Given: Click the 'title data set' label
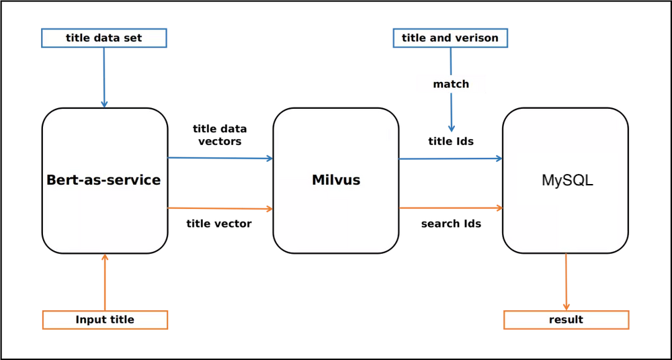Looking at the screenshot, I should (x=103, y=38).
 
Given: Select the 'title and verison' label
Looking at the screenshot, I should (x=450, y=38).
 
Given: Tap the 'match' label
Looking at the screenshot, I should (x=451, y=84).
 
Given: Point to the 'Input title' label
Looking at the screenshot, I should (x=104, y=320).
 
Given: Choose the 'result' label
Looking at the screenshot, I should (x=566, y=320).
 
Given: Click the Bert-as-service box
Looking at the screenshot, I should (x=104, y=180).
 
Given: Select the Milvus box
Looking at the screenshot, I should (x=335, y=180).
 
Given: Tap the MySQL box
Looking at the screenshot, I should (x=566, y=180).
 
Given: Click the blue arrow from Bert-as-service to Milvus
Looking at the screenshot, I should (x=220, y=159).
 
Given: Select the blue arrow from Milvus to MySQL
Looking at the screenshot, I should (x=451, y=159).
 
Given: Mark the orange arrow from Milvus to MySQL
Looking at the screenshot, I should (x=451, y=208).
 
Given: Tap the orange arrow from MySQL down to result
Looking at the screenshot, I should (x=566, y=282).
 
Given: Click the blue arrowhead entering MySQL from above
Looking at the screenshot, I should (x=451, y=128).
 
